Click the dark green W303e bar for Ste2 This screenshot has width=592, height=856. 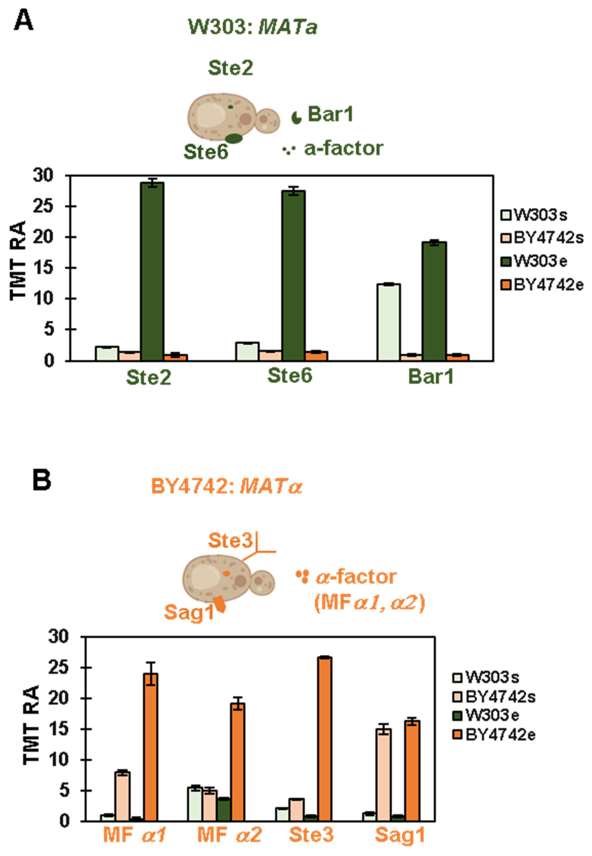coord(152,271)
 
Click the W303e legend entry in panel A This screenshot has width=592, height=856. coord(534,261)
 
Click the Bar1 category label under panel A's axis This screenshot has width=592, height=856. coord(431,377)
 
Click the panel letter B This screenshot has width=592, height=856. coord(41,481)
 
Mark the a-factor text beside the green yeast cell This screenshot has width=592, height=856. coord(343,149)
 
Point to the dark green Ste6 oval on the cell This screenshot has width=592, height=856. coord(234,138)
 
